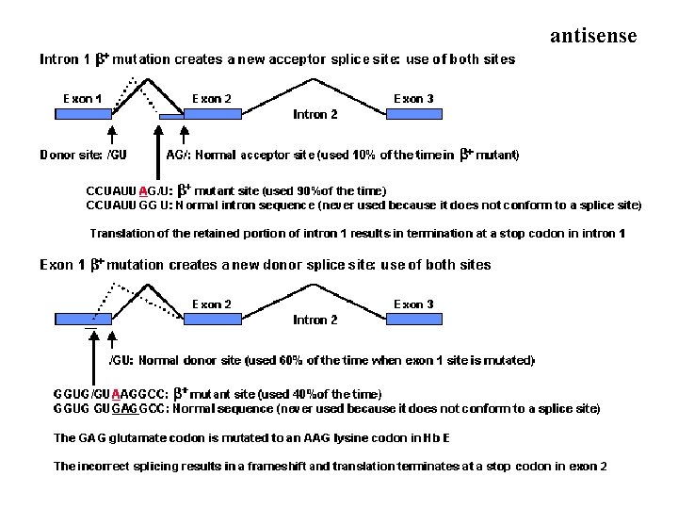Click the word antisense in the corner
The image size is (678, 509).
[592, 36]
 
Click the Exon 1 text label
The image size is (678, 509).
[83, 98]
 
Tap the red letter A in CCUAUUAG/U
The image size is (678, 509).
[142, 189]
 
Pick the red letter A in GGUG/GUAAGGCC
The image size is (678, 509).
[115, 393]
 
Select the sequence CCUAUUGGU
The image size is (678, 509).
[128, 204]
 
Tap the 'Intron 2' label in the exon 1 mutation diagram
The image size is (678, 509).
[315, 320]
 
